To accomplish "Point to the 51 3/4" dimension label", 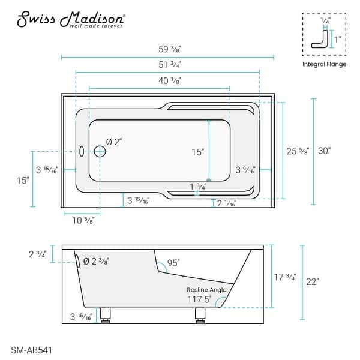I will (168, 65).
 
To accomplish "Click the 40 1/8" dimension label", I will (168, 80).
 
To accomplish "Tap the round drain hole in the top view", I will (100, 152).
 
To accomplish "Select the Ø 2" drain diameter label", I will (114, 142).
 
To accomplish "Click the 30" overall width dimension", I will (325, 152).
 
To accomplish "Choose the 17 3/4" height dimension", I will (284, 277).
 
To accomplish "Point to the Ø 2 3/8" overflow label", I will (96, 261).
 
